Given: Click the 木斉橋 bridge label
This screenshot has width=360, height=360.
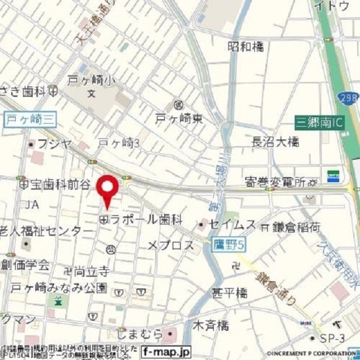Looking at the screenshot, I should click(x=211, y=325).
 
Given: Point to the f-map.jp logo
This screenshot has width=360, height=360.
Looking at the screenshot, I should click(x=167, y=351).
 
